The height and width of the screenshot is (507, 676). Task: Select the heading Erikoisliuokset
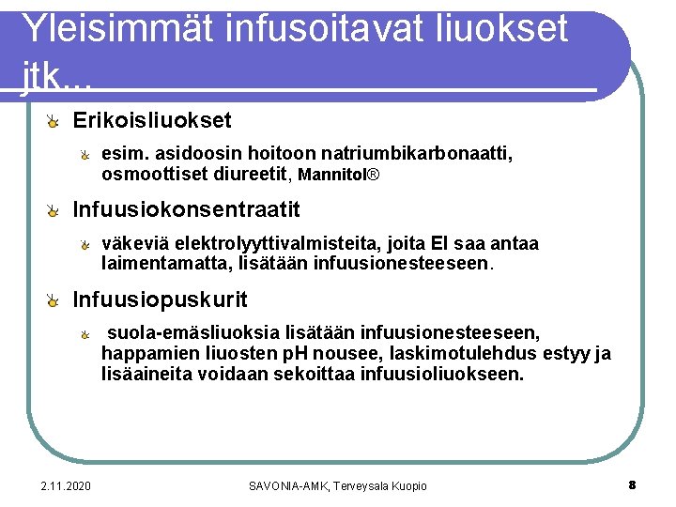[152, 121]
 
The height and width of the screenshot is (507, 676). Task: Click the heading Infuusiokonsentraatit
[187, 208]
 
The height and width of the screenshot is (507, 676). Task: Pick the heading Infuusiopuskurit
[161, 300]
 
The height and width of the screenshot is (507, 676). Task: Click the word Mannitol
[332, 175]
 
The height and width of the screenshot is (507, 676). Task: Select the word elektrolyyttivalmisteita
[254, 244]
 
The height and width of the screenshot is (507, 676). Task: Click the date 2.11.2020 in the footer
[66, 485]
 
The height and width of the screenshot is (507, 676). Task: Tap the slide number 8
[632, 485]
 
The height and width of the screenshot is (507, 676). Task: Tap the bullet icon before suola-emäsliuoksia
[84, 334]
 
